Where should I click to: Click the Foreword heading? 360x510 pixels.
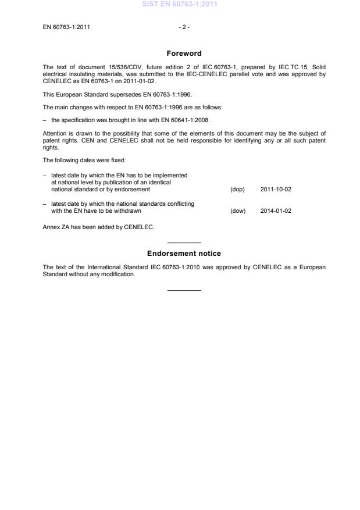click(x=184, y=54)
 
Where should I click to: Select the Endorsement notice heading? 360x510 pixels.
click(x=184, y=254)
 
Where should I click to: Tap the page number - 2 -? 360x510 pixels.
click(x=184, y=27)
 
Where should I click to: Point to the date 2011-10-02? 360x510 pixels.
click(x=276, y=190)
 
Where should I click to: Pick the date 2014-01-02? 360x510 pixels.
click(x=276, y=211)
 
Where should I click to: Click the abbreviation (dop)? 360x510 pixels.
click(x=238, y=190)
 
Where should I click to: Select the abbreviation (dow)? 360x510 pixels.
click(x=238, y=211)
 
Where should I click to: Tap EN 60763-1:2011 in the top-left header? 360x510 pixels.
click(x=66, y=27)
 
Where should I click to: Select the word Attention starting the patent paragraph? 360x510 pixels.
click(x=55, y=134)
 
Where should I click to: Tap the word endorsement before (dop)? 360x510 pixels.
click(x=133, y=190)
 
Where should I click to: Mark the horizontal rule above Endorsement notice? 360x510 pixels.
click(x=184, y=242)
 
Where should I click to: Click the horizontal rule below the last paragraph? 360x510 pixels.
click(x=184, y=290)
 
